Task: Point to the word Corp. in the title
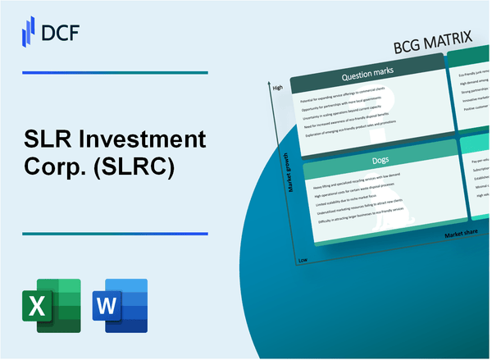click(x=56, y=167)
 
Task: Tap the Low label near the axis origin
click(x=303, y=258)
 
